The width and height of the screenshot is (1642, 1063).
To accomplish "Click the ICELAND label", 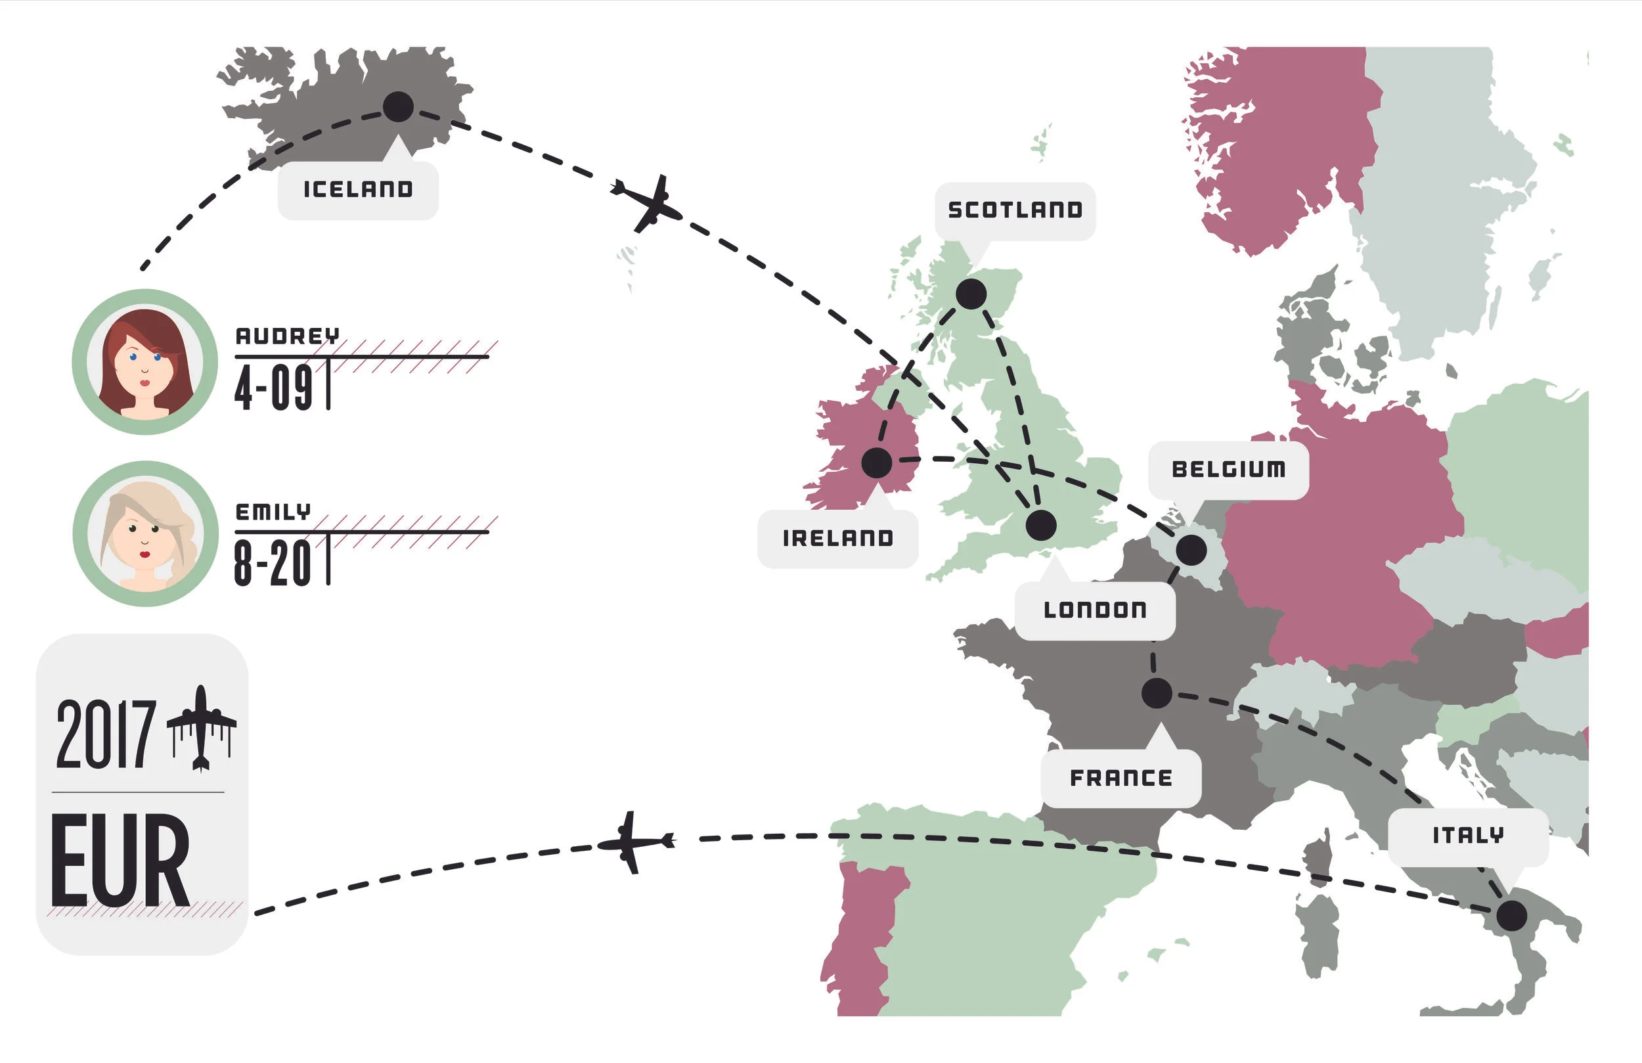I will pyautogui.click(x=358, y=189).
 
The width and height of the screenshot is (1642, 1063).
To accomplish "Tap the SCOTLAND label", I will pyautogui.click(x=1015, y=210).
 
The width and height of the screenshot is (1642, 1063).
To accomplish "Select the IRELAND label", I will pyautogui.click(x=837, y=539).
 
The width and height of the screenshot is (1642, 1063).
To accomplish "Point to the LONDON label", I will pyautogui.click(x=1095, y=610).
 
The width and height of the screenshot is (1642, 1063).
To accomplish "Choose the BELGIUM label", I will pyautogui.click(x=1229, y=469).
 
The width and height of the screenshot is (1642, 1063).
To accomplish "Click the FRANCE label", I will pyautogui.click(x=1121, y=778).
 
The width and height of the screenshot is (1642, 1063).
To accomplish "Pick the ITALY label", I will pyautogui.click(x=1468, y=836).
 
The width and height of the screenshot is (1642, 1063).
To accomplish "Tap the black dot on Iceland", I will pyautogui.click(x=398, y=107).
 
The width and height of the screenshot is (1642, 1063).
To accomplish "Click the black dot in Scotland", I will pyautogui.click(x=971, y=294).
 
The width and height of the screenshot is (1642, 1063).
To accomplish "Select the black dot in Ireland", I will pyautogui.click(x=877, y=463).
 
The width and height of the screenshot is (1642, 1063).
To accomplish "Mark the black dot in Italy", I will pyautogui.click(x=1511, y=916).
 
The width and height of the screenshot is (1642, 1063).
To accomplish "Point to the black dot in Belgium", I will pyautogui.click(x=1191, y=550).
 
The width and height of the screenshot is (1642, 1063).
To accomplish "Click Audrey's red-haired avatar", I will pyautogui.click(x=145, y=363).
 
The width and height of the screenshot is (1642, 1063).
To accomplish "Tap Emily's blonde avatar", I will pyautogui.click(x=145, y=534).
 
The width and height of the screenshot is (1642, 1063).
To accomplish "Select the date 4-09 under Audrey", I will pyautogui.click(x=274, y=387).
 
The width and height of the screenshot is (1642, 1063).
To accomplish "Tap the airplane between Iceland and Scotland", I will pyautogui.click(x=647, y=204).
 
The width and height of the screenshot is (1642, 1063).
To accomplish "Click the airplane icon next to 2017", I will pyautogui.click(x=201, y=728).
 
